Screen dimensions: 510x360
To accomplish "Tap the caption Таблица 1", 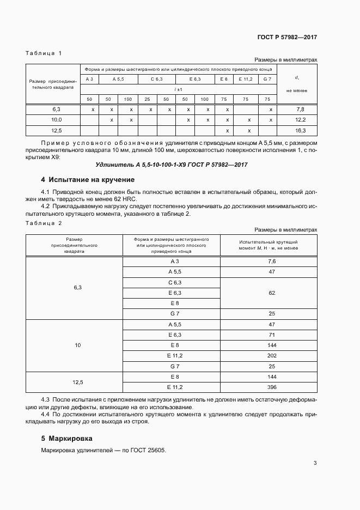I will click(44, 53).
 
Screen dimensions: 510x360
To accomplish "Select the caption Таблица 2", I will click(44, 223).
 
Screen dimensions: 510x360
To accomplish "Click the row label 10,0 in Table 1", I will click(56, 120).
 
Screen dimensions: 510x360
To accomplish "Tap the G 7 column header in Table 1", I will click(267, 80).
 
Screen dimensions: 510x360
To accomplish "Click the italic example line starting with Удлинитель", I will click(168, 165).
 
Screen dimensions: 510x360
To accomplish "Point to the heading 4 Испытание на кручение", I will click(87, 180).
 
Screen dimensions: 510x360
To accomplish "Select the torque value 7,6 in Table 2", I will click(272, 262).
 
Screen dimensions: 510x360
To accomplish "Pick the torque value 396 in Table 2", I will click(272, 387).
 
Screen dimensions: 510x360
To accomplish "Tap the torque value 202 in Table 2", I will click(272, 355).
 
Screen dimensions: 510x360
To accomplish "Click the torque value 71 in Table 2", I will click(272, 335).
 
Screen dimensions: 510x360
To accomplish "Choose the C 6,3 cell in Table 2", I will click(175, 282).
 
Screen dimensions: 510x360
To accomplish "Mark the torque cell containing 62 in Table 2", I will click(272, 293).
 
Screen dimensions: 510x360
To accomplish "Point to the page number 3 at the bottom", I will click(315, 464).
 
